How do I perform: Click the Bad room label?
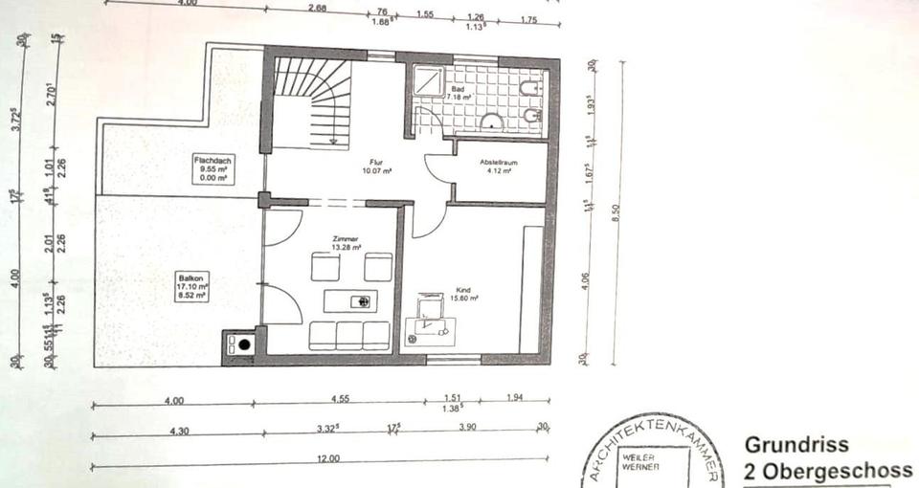coord(457,93)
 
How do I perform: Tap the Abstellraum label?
coord(499,166)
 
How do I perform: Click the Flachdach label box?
coord(213,168)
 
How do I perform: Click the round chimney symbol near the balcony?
coord(244,344)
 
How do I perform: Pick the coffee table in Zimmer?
coord(349,300)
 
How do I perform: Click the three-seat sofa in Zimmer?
coord(349,335)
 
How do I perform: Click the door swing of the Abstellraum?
coord(438,172)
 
